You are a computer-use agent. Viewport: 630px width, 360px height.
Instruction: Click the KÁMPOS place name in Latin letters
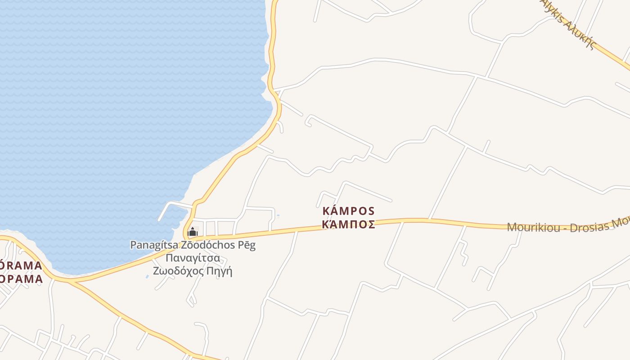pos(349,211)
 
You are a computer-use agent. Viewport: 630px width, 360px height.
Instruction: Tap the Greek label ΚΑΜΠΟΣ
pos(349,224)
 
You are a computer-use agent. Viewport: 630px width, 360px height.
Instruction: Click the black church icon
pos(193,232)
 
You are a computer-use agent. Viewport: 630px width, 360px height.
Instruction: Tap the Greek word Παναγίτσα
pos(193,258)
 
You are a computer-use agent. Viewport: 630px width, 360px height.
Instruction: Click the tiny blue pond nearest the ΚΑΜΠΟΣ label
pos(278,216)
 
